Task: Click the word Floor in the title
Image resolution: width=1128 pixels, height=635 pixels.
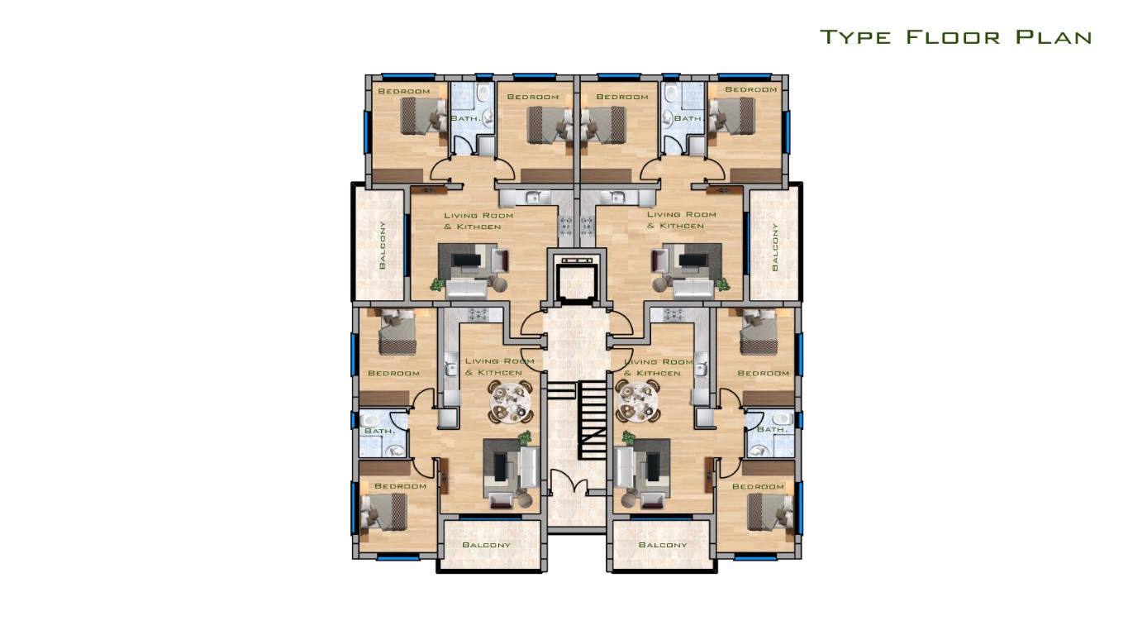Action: [954, 37]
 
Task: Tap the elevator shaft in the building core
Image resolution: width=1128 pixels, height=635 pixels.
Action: [577, 278]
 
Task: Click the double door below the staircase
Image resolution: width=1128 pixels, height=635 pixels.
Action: [569, 482]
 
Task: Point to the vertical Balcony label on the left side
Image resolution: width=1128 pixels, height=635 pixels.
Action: [383, 245]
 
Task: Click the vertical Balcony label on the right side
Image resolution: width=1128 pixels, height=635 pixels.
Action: [774, 247]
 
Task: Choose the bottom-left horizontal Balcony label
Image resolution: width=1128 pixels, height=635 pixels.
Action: [486, 545]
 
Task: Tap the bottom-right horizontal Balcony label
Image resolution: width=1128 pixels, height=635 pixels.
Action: [662, 545]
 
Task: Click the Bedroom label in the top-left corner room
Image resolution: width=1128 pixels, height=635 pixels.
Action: [404, 91]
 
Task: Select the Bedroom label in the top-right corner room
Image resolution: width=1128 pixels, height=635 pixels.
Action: [751, 89]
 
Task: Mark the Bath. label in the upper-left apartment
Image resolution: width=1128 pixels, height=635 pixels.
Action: [465, 118]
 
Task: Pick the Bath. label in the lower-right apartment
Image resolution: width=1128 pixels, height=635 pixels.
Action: [772, 429]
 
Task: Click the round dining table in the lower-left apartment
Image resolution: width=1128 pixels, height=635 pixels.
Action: [510, 402]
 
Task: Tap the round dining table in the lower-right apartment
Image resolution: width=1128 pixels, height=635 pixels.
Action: [639, 402]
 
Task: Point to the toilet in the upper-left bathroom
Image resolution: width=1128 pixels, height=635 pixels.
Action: [483, 93]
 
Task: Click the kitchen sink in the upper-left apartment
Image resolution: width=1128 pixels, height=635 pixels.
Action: [531, 197]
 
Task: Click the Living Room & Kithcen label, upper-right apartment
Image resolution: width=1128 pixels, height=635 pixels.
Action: [681, 220]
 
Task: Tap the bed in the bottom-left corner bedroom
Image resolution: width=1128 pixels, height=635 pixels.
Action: [384, 512]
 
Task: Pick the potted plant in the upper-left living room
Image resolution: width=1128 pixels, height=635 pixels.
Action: [437, 284]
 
